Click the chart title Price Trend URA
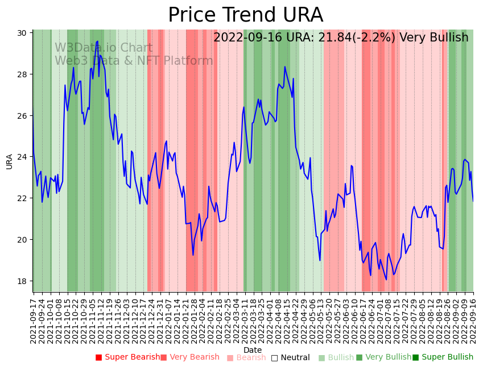(x=245, y=15)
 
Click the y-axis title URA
(x=9, y=161)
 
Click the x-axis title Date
(x=253, y=350)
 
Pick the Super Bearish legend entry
(x=128, y=357)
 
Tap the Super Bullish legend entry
(x=443, y=357)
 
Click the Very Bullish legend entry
(x=383, y=357)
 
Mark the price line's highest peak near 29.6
(x=97, y=41)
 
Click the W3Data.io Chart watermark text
(x=104, y=48)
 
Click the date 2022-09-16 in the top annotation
(x=246, y=38)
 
